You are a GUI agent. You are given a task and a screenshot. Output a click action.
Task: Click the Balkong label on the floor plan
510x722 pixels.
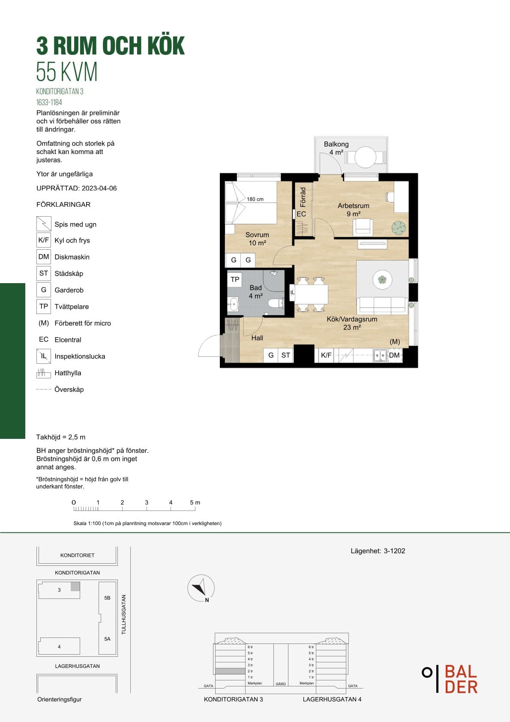(336, 145)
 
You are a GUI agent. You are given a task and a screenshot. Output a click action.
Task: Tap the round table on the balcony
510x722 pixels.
(366, 157)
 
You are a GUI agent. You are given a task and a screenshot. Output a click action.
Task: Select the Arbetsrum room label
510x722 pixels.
(353, 205)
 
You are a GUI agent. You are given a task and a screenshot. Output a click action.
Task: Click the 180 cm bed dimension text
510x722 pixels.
(255, 199)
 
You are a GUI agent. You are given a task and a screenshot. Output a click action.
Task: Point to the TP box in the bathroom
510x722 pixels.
(235, 279)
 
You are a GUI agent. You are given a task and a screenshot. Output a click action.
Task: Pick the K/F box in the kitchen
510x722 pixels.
(326, 355)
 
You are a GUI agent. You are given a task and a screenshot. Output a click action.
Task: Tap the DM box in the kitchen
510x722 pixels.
(394, 355)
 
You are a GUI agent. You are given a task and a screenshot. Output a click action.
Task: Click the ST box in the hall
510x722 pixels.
(285, 355)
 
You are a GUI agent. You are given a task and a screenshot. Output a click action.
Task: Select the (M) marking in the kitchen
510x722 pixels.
(395, 341)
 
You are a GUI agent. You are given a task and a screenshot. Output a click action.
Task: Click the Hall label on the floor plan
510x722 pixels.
(257, 338)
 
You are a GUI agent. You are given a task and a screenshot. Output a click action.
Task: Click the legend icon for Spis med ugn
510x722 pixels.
(43, 224)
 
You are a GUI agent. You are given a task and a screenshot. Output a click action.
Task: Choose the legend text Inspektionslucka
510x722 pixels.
(80, 356)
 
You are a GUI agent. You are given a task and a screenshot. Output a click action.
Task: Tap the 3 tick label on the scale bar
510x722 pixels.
(147, 502)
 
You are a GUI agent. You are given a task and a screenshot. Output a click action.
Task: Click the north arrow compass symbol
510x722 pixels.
(201, 589)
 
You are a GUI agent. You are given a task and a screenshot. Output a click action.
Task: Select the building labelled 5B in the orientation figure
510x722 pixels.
(107, 598)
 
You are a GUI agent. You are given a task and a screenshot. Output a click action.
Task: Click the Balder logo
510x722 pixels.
(450, 679)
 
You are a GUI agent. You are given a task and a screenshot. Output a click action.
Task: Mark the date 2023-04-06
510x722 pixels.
(99, 188)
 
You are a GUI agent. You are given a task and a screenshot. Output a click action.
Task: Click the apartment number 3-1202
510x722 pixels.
(394, 551)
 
